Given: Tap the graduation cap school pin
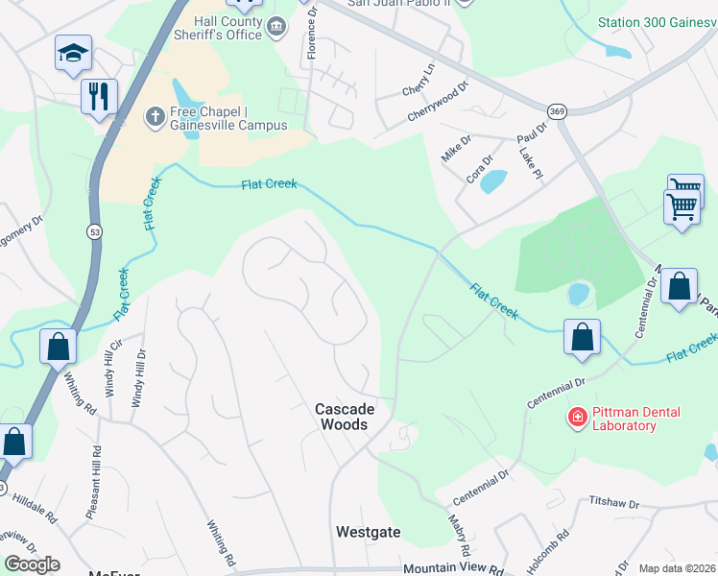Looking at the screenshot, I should point(73,54).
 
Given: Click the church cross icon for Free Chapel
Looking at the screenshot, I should point(154,117).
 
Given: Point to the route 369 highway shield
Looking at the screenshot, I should point(558,112).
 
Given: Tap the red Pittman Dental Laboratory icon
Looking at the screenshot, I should point(577,419).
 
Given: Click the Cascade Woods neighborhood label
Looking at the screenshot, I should point(345,416).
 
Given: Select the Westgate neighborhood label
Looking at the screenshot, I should point(368,531).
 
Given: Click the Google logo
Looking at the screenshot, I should point(31,564).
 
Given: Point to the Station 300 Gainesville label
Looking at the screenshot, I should point(657,21).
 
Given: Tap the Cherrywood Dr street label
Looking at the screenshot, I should point(437,99).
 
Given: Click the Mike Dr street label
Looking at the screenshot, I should point(452,148).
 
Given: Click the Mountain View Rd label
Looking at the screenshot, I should point(454,569).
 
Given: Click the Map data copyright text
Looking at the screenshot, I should point(677,568).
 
